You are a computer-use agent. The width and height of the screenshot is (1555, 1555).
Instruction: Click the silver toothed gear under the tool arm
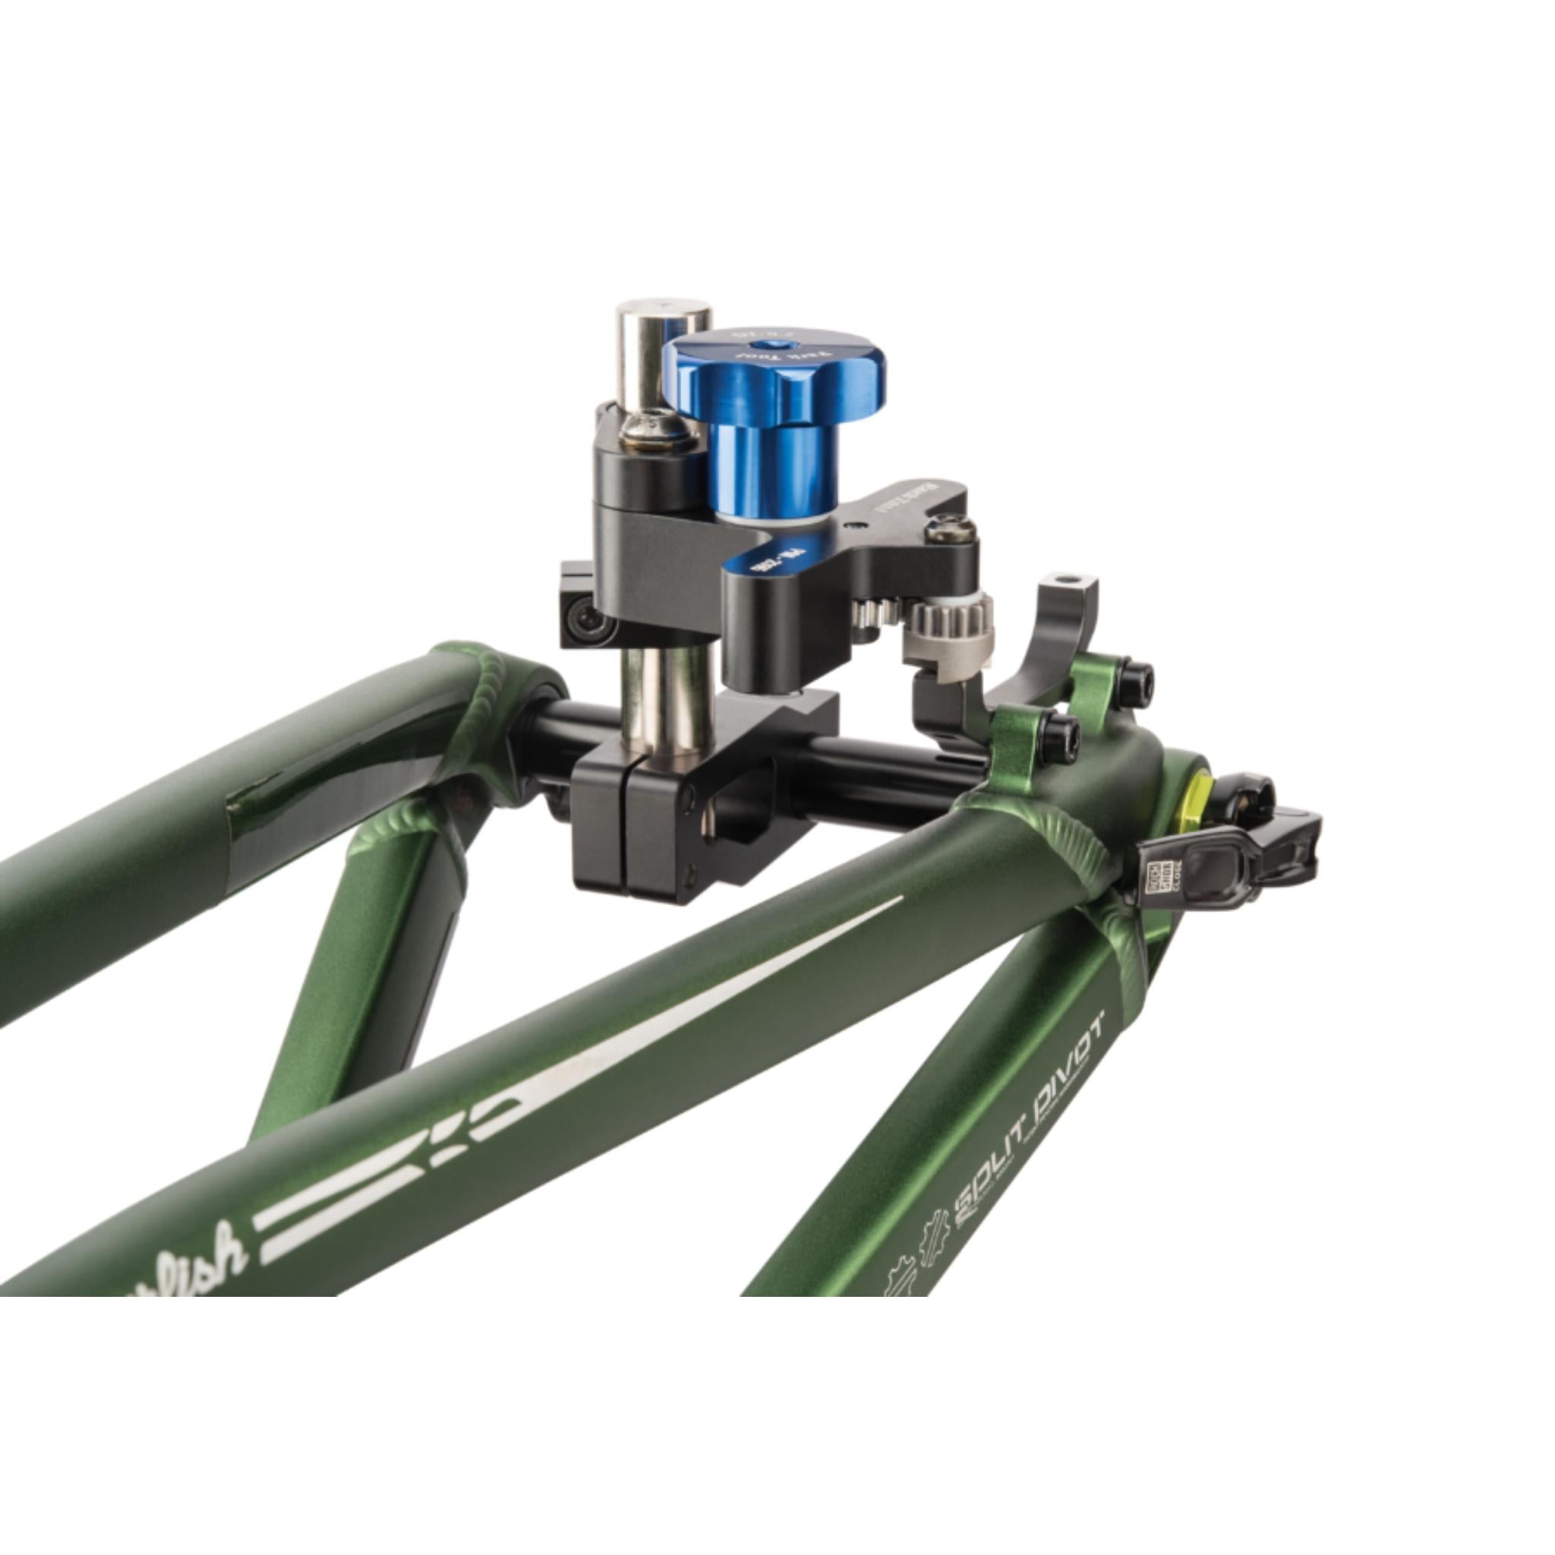point(957,625)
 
